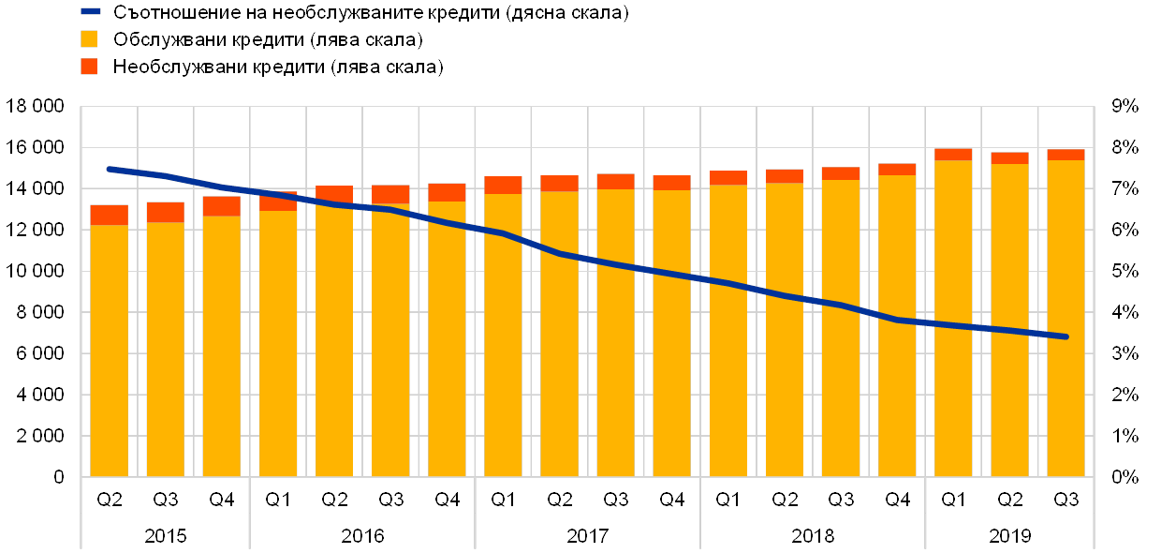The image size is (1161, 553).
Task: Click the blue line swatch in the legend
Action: [90, 12]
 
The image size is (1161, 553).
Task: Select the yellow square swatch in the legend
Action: [89, 39]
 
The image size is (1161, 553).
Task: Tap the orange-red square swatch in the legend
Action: [89, 67]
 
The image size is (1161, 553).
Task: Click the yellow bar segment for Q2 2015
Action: [109, 351]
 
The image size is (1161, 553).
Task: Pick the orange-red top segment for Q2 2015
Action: [109, 215]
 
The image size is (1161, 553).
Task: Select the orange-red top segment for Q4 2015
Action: [222, 206]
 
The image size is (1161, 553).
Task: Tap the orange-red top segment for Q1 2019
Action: [953, 155]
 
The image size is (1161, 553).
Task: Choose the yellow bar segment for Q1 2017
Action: [503, 336]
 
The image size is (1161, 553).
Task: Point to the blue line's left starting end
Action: [109, 169]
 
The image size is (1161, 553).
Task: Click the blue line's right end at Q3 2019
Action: [1065, 336]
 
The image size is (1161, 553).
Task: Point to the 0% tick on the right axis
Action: [1124, 477]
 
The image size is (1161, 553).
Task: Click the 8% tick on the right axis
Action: [1124, 147]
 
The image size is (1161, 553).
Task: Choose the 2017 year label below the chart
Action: [587, 536]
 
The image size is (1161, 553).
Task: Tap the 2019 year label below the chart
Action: [1009, 536]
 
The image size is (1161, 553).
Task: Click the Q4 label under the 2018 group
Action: [897, 500]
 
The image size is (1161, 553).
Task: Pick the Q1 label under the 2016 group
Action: [278, 500]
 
